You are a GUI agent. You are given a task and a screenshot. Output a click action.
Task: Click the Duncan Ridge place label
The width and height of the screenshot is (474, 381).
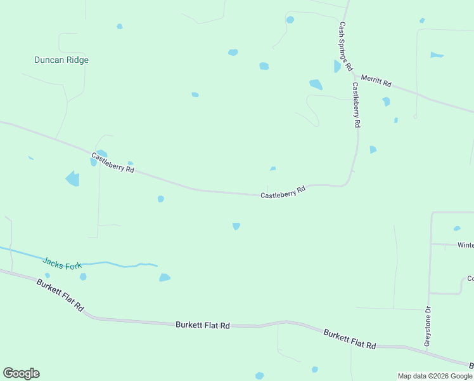click(61, 60)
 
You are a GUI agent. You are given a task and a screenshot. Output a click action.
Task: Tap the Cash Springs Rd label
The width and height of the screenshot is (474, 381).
click(345, 46)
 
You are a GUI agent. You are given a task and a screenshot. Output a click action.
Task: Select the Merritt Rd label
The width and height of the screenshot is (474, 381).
click(376, 81)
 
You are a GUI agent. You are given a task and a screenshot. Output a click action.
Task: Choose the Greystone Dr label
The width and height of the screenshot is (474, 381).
click(428, 326)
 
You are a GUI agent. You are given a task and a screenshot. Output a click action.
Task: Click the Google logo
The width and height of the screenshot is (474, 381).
click(21, 373)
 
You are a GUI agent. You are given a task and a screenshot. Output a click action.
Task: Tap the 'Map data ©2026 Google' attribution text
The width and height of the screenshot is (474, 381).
click(435, 376)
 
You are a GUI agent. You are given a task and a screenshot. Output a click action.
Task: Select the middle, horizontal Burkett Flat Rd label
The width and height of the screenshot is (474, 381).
click(203, 324)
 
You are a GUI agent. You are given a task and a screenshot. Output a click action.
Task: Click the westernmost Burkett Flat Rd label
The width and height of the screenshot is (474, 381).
click(60, 295)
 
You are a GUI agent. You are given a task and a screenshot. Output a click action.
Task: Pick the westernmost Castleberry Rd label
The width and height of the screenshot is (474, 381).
click(113, 163)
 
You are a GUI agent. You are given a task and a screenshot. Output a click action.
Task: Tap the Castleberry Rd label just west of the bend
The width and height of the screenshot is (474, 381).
click(283, 192)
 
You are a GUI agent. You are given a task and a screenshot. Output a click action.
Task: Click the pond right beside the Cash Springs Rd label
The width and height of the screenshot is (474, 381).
click(337, 67)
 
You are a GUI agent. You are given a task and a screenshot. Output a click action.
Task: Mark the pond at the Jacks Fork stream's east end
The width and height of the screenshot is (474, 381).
click(165, 277)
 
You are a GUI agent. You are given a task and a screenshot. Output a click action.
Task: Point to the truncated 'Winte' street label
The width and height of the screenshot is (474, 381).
click(466, 244)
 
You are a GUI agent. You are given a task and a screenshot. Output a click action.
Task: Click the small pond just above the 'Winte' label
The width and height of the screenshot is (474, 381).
click(457, 229)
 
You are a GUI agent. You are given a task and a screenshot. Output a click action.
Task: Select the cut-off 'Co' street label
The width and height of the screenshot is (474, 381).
click(470, 278)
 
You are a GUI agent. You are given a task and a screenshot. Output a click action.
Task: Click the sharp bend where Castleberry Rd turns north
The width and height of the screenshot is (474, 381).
click(348, 182)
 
